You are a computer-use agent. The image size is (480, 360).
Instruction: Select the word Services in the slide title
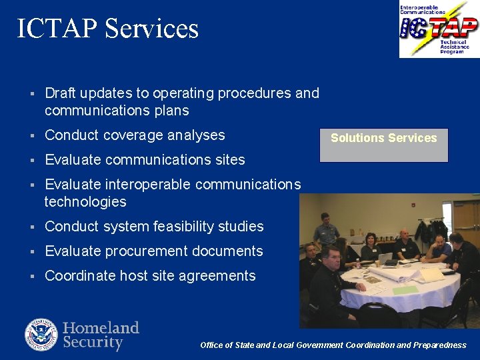pos(152,29)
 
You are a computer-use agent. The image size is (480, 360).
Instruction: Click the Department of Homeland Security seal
pos(41,335)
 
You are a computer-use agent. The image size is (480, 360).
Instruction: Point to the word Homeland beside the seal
pos(101,327)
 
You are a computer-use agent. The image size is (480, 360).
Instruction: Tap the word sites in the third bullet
pos(229,160)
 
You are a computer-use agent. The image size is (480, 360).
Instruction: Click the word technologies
pos(85,202)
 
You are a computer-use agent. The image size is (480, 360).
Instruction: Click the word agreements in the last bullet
pos(220,276)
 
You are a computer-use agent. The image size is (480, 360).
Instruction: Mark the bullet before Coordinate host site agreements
pos(31,277)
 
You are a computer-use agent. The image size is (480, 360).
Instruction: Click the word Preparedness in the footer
pos(440,345)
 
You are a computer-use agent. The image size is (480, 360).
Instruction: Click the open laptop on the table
pos(385,258)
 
